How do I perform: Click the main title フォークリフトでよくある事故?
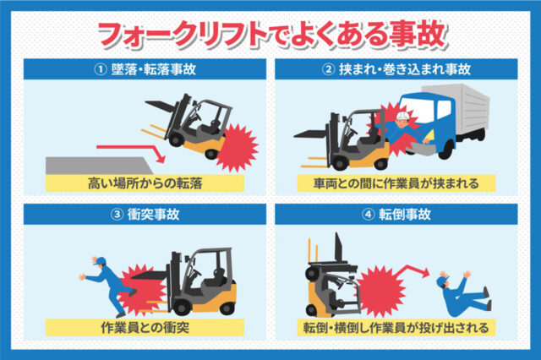272,35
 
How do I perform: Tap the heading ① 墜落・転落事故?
145,69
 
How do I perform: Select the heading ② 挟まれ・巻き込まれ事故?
396,69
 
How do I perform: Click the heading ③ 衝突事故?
145,214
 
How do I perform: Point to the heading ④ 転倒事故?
396,214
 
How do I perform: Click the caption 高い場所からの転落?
145,183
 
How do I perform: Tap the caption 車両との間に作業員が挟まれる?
396,183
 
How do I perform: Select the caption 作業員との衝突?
145,327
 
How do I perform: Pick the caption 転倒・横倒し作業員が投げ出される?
396,327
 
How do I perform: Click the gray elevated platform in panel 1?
98,166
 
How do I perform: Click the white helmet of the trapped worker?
402,115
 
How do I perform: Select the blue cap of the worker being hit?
100,260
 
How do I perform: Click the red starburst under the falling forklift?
238,148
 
